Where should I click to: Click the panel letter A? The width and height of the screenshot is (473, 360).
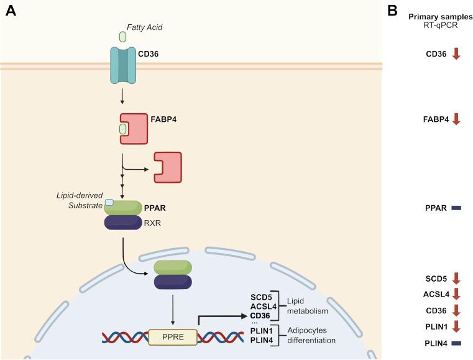[x=10, y=11]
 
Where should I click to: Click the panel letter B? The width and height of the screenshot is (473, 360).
[x=393, y=11]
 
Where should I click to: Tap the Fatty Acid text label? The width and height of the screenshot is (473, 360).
[x=145, y=27]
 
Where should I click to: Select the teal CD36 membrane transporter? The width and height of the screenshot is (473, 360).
[x=122, y=65]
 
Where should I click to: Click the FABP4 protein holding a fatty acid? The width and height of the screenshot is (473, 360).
[x=133, y=128]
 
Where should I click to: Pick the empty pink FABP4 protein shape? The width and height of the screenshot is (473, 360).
[x=168, y=168]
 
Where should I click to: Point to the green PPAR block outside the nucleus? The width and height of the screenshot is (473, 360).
[x=123, y=208]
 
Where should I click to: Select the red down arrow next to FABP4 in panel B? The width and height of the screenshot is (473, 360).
[x=456, y=118]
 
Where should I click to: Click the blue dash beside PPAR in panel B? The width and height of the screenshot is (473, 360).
[x=456, y=208]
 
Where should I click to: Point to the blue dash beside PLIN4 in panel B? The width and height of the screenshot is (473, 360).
[x=456, y=343]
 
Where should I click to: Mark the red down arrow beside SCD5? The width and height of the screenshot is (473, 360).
[x=456, y=278]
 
